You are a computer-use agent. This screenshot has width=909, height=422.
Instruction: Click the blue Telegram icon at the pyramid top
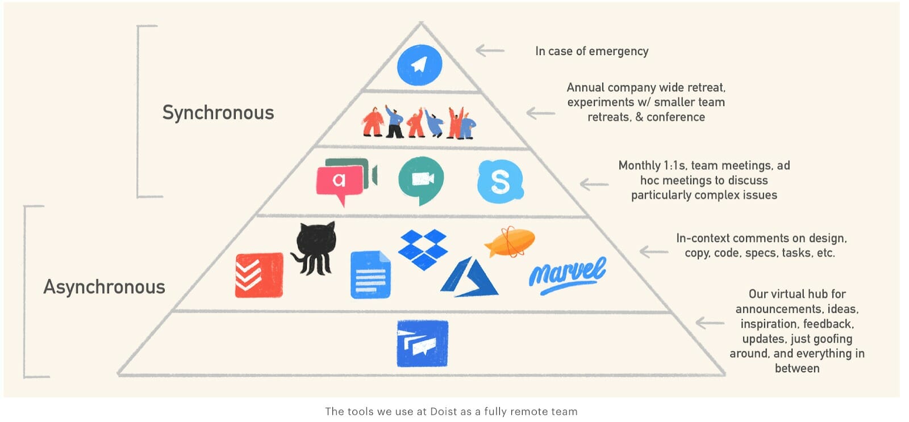tap(419, 65)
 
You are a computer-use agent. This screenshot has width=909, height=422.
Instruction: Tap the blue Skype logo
tap(500, 182)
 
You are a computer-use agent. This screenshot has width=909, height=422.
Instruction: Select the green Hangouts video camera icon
tap(421, 180)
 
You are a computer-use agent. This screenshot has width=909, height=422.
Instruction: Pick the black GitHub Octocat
tap(314, 248)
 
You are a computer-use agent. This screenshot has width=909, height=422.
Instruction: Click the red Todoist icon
tap(259, 275)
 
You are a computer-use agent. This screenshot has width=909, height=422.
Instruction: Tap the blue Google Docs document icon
tap(370, 275)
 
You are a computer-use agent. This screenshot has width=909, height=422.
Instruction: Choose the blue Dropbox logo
tap(423, 249)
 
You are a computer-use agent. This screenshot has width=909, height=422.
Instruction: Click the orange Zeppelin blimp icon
tap(510, 242)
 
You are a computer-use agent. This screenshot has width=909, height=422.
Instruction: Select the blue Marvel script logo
tap(567, 275)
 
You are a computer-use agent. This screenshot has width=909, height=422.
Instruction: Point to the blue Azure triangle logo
tap(469, 278)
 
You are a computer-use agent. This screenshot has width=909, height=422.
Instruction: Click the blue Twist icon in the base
tap(422, 344)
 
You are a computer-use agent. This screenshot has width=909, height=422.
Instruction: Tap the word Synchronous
tap(218, 112)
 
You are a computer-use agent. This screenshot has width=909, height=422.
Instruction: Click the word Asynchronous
tap(105, 286)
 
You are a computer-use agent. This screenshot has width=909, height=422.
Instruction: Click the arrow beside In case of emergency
tap(490, 50)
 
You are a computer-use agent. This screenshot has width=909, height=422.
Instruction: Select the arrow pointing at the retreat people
tap(540, 113)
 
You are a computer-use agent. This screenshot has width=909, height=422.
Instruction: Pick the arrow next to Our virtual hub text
tap(710, 323)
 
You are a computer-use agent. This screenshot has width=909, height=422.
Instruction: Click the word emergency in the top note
tap(619, 51)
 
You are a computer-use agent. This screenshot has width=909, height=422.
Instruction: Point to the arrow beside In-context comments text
tap(653, 251)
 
